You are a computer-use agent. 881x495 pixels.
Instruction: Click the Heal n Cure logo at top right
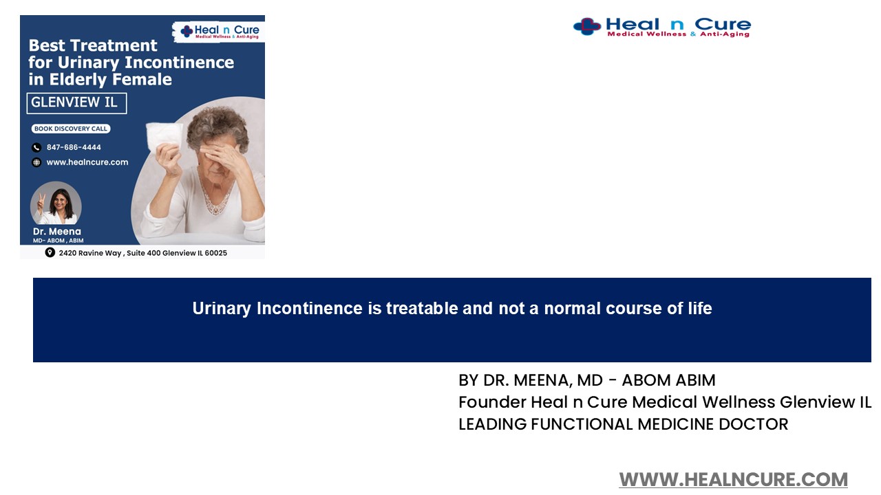[661, 27]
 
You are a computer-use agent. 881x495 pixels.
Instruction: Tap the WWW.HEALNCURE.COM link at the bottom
[733, 479]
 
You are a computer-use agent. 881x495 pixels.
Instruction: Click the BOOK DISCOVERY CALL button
[71, 129]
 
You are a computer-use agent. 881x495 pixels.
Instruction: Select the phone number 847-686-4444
[74, 147]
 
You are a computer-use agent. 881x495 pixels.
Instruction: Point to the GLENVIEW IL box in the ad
[76, 103]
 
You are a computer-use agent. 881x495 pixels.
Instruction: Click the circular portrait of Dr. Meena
[56, 203]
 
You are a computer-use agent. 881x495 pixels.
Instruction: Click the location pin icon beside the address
[50, 252]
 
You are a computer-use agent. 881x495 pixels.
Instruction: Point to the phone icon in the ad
[36, 147]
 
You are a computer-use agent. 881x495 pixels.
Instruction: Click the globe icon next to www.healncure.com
[36, 162]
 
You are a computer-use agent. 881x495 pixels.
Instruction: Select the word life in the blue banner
[699, 309]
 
